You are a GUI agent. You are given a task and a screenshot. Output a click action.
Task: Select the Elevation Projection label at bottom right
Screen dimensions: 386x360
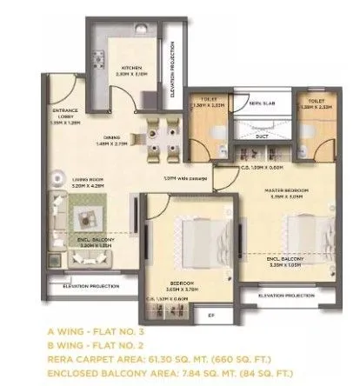pos(287,296)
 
